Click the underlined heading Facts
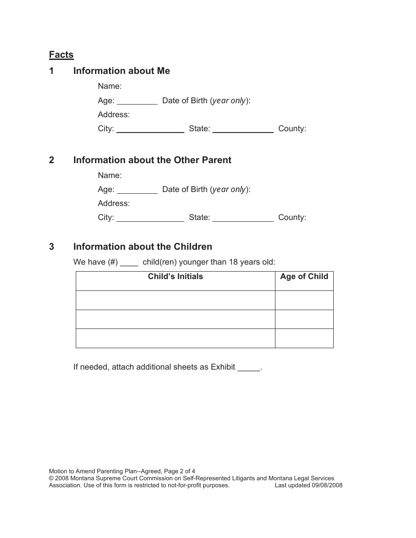[x=61, y=55]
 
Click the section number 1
[x=52, y=71]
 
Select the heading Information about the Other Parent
[x=152, y=160]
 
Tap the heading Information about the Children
[x=142, y=247]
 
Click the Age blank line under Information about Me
[x=137, y=102]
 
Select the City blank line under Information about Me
[x=150, y=130]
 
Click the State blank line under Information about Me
[x=243, y=130]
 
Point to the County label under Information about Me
[x=292, y=129]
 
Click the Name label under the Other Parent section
[x=109, y=175]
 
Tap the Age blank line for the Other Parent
[x=137, y=191]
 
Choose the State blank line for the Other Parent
[x=243, y=219]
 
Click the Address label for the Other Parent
[x=114, y=203]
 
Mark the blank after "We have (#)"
[x=129, y=263]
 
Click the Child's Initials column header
[x=175, y=276]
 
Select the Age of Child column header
[x=304, y=276]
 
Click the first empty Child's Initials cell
[x=175, y=300]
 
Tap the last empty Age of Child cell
[x=304, y=339]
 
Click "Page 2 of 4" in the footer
[x=182, y=471]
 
